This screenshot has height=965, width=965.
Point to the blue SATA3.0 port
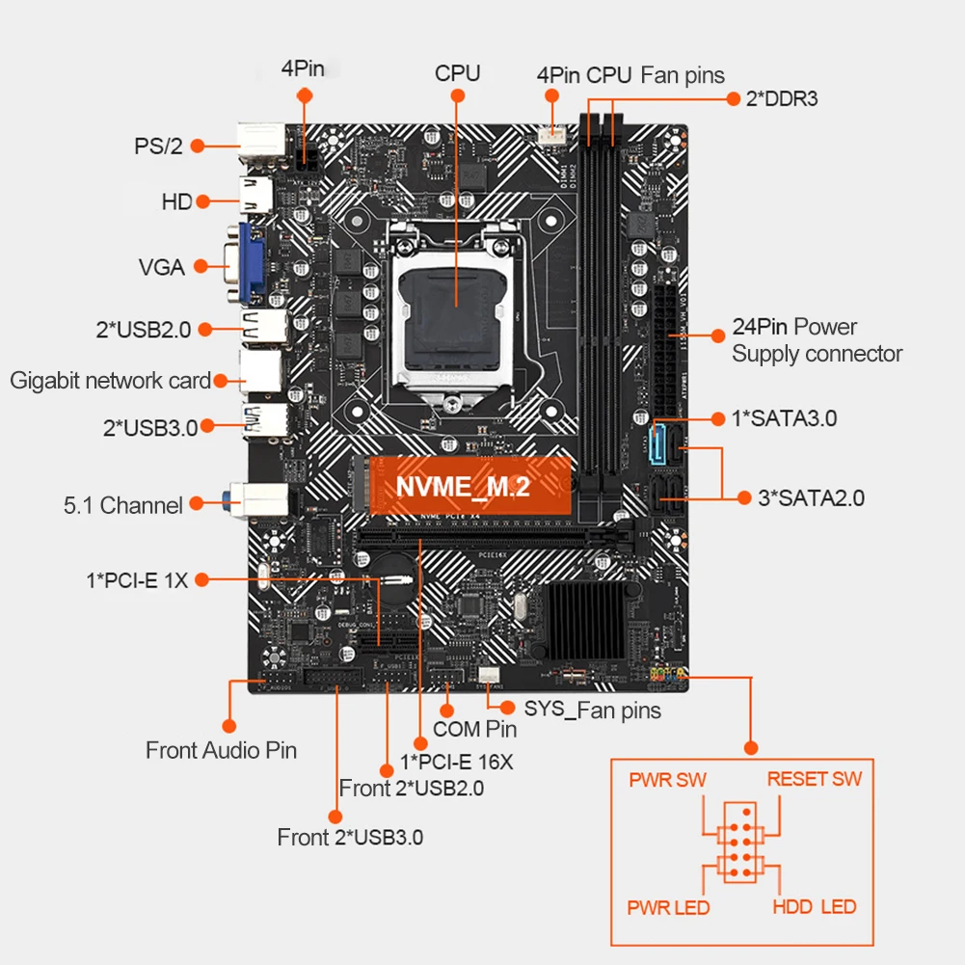point(659,442)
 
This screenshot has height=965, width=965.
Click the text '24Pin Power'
point(794,328)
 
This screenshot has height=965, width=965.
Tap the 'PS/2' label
point(158,147)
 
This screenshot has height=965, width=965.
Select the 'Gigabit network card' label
point(110,380)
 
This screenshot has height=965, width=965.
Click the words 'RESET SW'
point(815,779)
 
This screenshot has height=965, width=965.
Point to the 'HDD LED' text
point(814,907)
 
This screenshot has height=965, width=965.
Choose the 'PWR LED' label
point(668,908)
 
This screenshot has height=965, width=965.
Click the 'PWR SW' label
point(668,779)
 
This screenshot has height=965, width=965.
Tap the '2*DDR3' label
point(781,97)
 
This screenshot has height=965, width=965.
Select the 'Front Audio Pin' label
point(221,750)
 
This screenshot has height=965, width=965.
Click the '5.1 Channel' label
point(122,505)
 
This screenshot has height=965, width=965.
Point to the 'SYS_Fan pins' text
point(593,710)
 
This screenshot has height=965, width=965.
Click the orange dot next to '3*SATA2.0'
point(744,497)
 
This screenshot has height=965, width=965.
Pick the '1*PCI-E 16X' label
point(457,762)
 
